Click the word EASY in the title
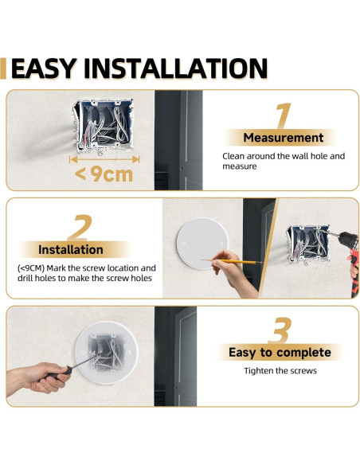coord(44,68)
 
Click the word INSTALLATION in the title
coord(176,68)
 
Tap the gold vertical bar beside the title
coord(3,68)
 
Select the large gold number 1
coord(283,115)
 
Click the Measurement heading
coord(284,138)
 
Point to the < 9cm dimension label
coord(104,174)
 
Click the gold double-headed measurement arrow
coord(104,159)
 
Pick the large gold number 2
coord(80,228)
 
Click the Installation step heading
coord(71,250)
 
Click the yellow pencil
coord(232,261)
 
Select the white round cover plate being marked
coord(202,244)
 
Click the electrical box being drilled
coord(308,244)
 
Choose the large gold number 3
coord(280,330)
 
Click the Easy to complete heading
coord(280,352)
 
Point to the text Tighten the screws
coord(280,371)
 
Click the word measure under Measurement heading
coord(239,166)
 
